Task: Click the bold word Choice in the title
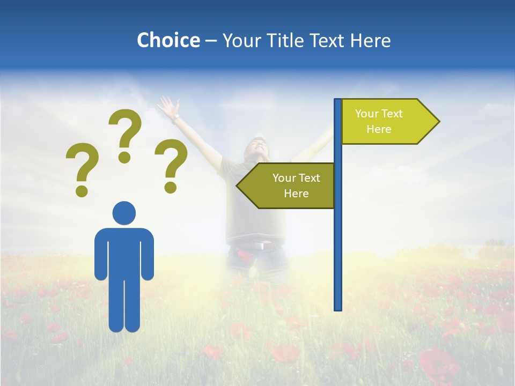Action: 168,41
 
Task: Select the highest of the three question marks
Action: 125,134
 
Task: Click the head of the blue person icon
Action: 124,213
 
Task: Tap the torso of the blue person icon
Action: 124,252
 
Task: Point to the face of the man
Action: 256,147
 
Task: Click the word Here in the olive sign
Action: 296,194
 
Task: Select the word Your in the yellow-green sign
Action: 367,114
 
